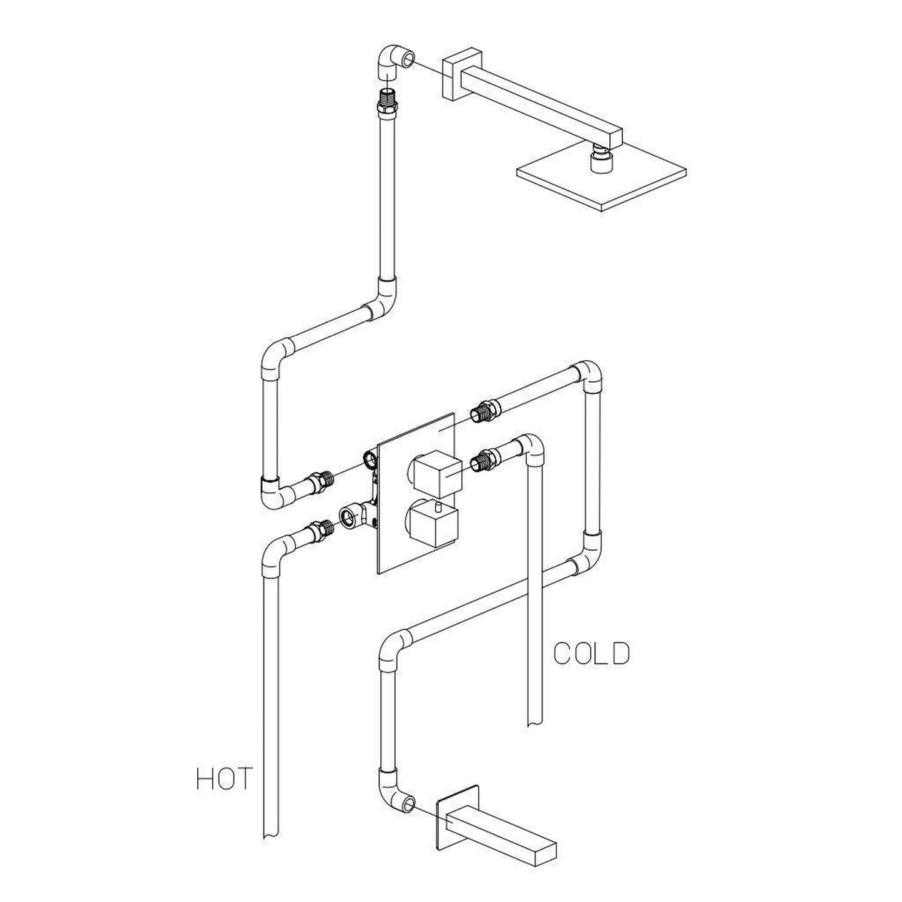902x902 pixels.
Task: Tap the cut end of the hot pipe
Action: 271,835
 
